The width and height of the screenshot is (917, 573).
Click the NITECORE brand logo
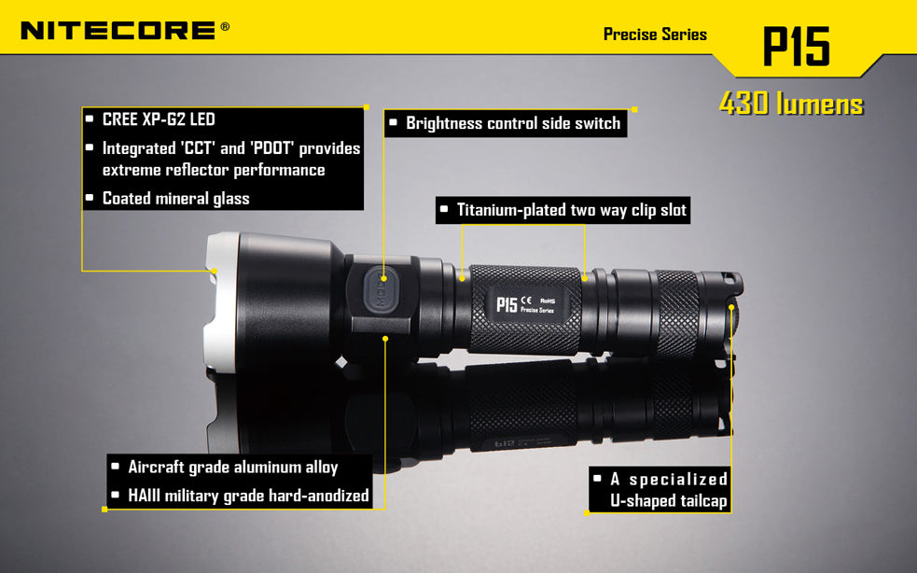[x=118, y=31]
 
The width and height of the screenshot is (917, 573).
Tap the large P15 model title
[x=797, y=47]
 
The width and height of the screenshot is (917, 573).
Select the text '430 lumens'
[x=791, y=104]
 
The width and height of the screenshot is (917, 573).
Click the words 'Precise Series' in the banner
[x=655, y=35]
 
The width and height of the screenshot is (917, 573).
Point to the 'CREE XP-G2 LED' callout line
[x=160, y=119]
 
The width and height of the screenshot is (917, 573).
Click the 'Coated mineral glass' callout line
[x=176, y=199]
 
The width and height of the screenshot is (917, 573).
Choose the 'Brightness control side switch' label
[x=513, y=123]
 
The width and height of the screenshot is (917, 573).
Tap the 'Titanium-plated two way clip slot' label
[x=571, y=210]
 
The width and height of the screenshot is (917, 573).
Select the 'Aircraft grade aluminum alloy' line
[x=233, y=467]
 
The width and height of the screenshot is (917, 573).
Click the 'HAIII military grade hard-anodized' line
[x=248, y=496]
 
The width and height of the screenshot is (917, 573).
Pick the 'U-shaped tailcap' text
[x=669, y=501]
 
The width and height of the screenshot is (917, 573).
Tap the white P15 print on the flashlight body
[x=507, y=304]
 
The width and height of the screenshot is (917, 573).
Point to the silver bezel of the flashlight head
[x=221, y=301]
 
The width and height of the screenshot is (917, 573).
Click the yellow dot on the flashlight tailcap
[x=731, y=307]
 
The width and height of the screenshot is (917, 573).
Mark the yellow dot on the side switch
[x=383, y=279]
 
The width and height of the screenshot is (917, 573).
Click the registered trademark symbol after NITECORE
[x=225, y=26]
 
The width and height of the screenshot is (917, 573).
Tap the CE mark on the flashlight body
[x=526, y=300]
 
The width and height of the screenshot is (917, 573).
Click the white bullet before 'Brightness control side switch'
[x=393, y=122]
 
